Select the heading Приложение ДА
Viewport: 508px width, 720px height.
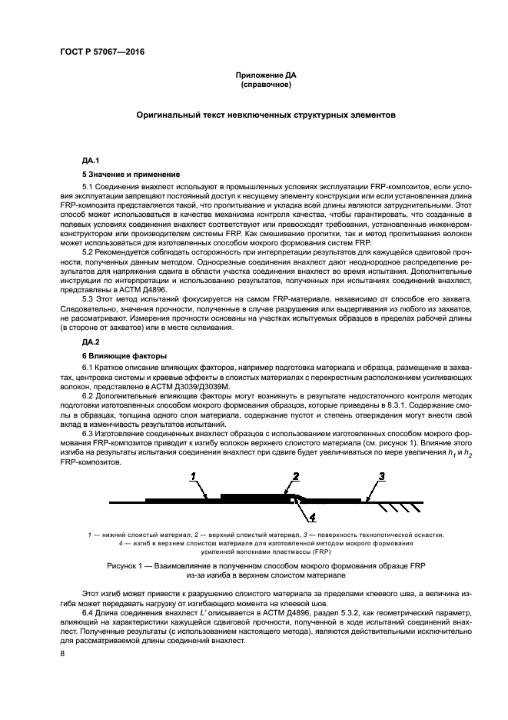265,75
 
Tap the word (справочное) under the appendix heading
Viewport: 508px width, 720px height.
265,85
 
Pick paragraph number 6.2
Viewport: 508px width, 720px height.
89,393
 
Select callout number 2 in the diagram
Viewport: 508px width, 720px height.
294,478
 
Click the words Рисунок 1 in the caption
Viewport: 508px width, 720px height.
126,565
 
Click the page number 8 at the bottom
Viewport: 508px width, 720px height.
62,654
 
